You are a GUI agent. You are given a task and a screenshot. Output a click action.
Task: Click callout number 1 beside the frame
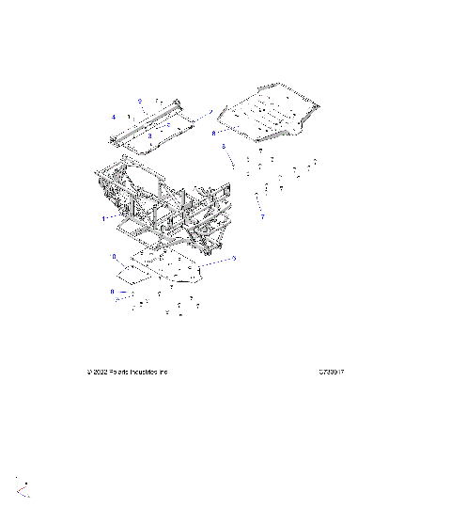(x=103, y=217)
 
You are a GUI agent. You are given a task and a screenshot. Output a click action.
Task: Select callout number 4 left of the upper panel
(x=113, y=118)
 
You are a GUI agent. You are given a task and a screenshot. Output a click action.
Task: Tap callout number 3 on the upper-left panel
(x=149, y=136)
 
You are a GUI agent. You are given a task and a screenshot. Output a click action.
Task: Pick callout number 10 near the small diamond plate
(x=115, y=256)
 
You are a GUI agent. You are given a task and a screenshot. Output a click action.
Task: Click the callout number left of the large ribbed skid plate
(x=213, y=134)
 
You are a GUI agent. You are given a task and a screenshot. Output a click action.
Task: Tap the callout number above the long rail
(x=139, y=100)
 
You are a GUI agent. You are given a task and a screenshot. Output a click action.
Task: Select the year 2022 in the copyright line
(x=101, y=372)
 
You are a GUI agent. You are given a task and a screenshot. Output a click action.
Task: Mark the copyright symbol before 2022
(x=89, y=372)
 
